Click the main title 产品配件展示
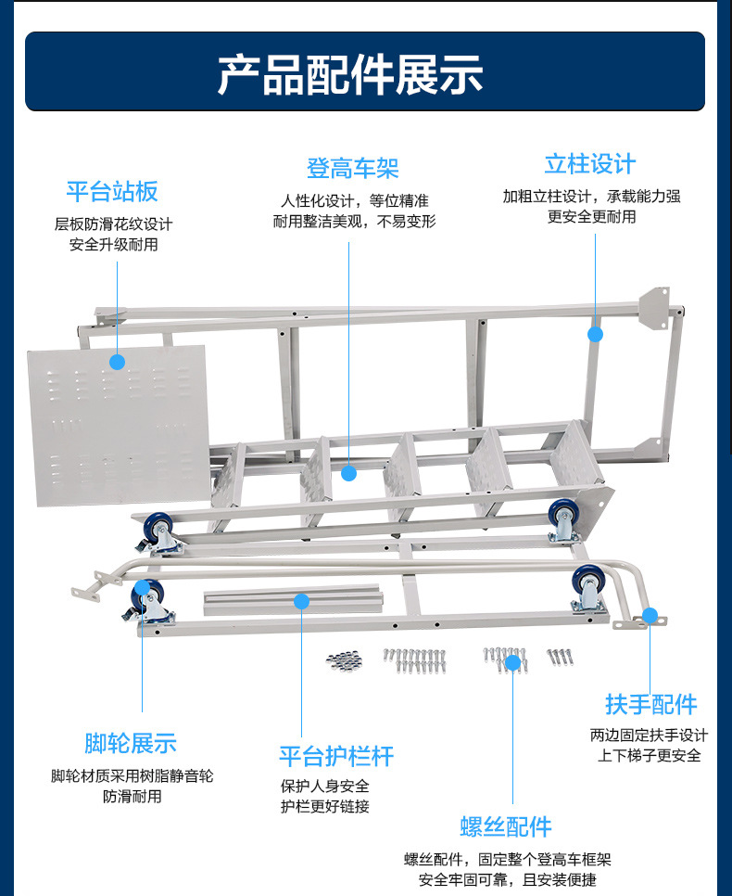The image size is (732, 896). click(x=350, y=75)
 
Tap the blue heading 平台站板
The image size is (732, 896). click(x=112, y=192)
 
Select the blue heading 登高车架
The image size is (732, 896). click(x=352, y=169)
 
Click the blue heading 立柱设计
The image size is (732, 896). click(x=590, y=165)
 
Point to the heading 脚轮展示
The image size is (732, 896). click(x=130, y=743)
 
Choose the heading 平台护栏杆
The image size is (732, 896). click(x=336, y=756)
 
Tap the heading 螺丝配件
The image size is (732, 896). click(x=506, y=826)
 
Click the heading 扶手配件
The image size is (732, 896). click(x=651, y=704)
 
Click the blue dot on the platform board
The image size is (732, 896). click(x=118, y=362)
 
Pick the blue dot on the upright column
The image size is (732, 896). click(x=595, y=334)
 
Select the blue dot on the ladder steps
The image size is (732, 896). click(x=348, y=473)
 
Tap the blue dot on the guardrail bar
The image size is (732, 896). click(x=301, y=601)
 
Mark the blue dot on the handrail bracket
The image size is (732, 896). click(x=650, y=615)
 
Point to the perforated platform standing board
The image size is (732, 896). click(x=116, y=427)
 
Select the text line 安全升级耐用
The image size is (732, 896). click(x=113, y=245)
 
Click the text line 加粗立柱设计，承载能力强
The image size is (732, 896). click(x=591, y=197)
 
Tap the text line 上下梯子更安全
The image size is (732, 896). click(x=649, y=755)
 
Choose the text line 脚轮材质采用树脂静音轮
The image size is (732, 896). click(x=132, y=775)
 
